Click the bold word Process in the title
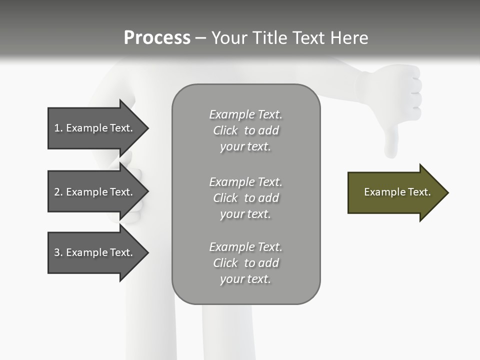157,38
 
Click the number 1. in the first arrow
58,128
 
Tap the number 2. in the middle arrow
58,192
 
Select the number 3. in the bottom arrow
58,252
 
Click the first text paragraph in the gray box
245,130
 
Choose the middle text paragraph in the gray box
245,198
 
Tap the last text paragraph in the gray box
245,263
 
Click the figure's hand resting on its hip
131,192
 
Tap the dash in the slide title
200,38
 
